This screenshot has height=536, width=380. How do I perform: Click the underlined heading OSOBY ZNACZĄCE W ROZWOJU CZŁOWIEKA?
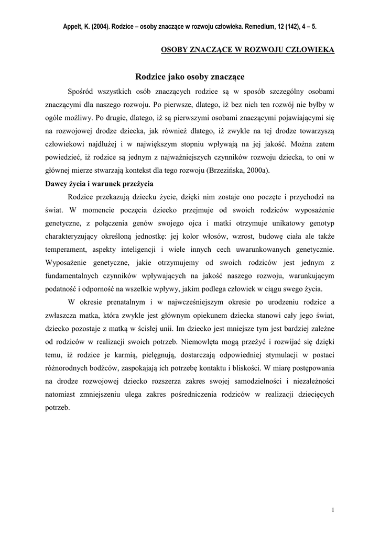click(x=247, y=50)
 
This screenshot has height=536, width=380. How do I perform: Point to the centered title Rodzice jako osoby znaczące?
click(x=190, y=76)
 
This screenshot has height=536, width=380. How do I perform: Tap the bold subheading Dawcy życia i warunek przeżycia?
click(x=97, y=184)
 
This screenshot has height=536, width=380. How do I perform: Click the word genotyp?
click(x=320, y=225)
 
